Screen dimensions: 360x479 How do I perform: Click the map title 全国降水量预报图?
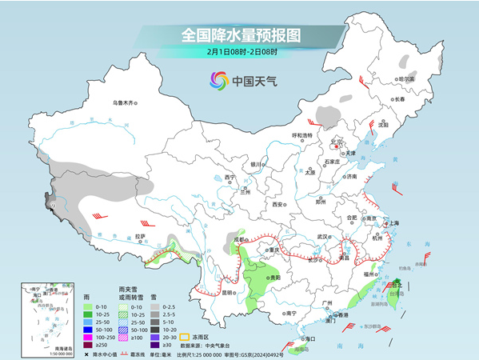click(x=240, y=36)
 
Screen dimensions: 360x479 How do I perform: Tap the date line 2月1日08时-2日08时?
click(x=241, y=52)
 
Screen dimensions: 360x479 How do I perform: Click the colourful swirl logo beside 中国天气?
click(x=218, y=80)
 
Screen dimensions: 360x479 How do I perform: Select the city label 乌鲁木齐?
click(x=125, y=102)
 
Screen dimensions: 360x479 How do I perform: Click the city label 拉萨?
click(x=141, y=236)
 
